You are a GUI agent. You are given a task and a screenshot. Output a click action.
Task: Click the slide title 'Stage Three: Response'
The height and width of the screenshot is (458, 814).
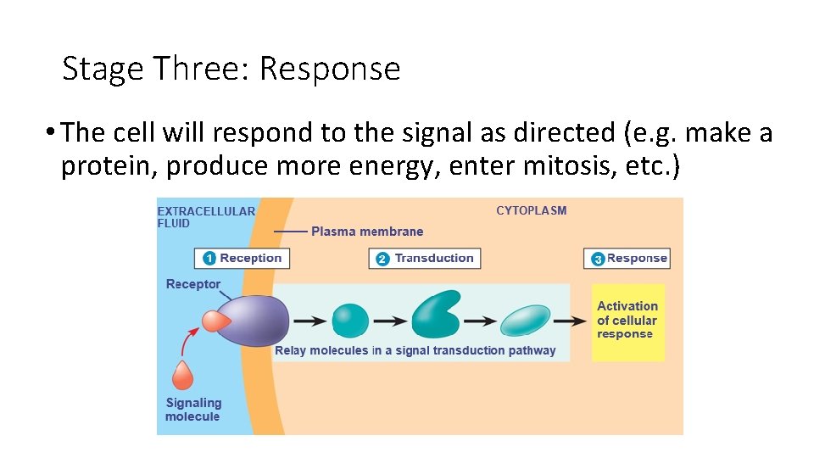pos(231,68)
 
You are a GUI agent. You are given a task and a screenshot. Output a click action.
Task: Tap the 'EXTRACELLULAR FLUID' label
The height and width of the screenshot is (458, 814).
pos(206,217)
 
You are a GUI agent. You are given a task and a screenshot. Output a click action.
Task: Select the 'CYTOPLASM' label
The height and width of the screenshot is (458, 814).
pos(531,210)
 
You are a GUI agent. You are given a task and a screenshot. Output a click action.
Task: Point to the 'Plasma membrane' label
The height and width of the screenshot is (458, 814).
pos(366,232)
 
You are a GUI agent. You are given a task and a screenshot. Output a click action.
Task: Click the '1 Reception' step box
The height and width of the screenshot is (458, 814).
pos(243,259)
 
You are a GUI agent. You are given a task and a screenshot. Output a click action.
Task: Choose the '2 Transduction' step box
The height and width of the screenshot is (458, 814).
pos(425,259)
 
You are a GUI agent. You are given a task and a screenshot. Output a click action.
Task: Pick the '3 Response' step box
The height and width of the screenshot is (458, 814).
pos(627,259)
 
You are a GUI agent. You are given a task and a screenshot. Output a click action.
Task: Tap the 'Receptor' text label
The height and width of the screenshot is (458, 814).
pos(192,284)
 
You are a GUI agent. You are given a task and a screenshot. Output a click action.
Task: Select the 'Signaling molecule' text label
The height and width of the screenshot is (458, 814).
pos(192,410)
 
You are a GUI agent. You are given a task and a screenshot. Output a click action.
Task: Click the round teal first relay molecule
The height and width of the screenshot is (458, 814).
pos(349,321)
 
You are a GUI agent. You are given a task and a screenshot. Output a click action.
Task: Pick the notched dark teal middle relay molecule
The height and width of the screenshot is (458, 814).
pos(435,315)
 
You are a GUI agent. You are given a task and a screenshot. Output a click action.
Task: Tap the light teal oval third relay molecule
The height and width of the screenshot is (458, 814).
pos(526,321)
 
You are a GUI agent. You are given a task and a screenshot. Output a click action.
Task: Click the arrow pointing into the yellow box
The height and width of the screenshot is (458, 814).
pos(572,321)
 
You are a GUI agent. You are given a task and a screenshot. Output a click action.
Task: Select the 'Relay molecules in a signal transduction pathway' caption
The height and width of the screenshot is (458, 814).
pos(415,350)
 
